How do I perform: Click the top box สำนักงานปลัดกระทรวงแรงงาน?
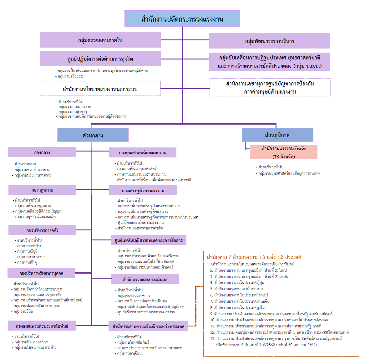[182, 18]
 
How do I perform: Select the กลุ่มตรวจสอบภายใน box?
[100, 40]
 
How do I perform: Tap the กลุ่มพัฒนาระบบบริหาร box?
[270, 41]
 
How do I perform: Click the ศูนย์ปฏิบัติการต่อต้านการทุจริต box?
[100, 59]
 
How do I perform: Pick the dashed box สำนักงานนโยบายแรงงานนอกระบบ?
[100, 89]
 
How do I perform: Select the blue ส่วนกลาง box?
[93, 135]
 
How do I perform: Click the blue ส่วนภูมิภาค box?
[277, 135]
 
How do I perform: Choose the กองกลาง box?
[42, 152]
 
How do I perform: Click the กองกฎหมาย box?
[42, 190]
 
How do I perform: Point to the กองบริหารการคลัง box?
[42, 230]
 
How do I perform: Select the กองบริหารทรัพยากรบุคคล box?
[41, 273]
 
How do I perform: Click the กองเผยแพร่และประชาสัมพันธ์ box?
[42, 326]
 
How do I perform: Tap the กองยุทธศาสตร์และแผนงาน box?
[143, 153]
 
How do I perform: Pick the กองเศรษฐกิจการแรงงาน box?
[143, 190]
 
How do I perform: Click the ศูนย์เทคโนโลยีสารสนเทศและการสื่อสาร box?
[149, 240]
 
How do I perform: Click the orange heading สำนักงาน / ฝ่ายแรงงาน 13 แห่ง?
[254, 257]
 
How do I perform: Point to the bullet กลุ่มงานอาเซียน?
[129, 353]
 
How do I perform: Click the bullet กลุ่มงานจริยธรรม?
[71, 76]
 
